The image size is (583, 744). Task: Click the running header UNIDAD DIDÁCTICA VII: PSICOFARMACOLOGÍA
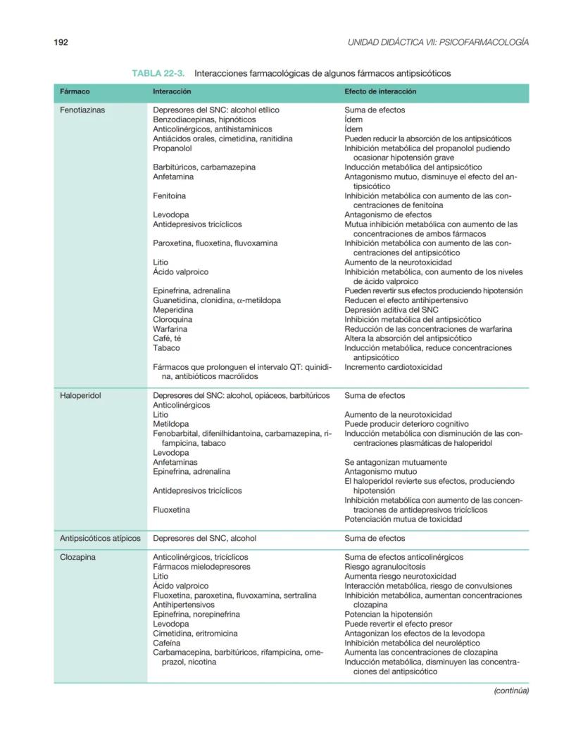pos(438,42)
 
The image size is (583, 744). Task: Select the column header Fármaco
pos(75,91)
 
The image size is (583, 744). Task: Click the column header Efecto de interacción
pos(380,91)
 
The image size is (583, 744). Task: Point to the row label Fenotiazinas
pos(83,110)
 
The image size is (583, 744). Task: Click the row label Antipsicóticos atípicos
pos(100,539)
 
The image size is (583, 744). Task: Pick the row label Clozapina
pos(78,558)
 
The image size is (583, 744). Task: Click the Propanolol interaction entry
pos(173,148)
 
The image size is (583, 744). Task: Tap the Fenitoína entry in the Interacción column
pos(170,196)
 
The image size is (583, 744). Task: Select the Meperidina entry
pos(173,310)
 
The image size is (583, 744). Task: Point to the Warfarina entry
pos(170,329)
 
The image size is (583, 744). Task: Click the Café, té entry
pos(167,338)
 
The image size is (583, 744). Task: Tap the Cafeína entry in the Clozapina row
pos(167,643)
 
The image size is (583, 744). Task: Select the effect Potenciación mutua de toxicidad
pos(403,520)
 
